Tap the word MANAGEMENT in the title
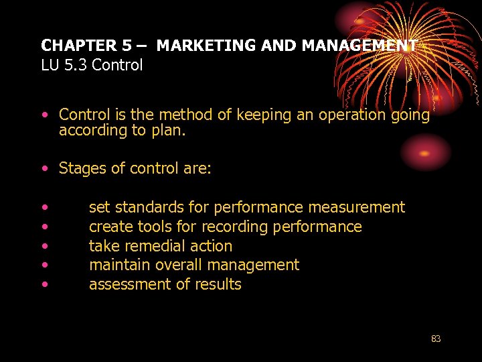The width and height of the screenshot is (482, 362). [359, 46]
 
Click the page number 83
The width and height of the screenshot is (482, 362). [436, 339]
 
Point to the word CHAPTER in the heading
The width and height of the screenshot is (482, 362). [78, 46]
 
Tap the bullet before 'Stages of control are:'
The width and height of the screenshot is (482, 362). [44, 169]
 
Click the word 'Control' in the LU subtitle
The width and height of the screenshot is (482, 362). [118, 66]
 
